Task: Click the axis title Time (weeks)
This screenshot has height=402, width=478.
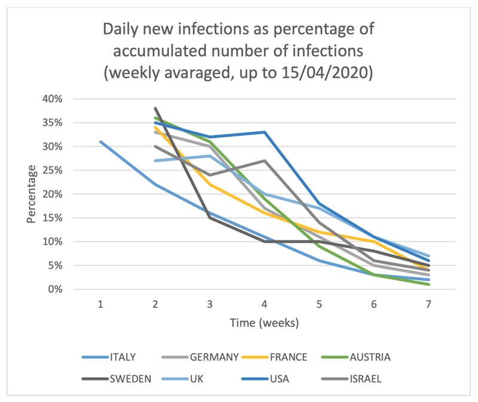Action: pos(265,323)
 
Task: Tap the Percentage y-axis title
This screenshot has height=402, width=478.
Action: pos(31,194)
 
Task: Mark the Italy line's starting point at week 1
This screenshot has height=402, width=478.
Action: pos(101,142)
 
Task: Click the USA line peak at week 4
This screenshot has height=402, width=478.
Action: pos(265,132)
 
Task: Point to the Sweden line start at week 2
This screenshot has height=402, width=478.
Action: pos(155,109)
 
